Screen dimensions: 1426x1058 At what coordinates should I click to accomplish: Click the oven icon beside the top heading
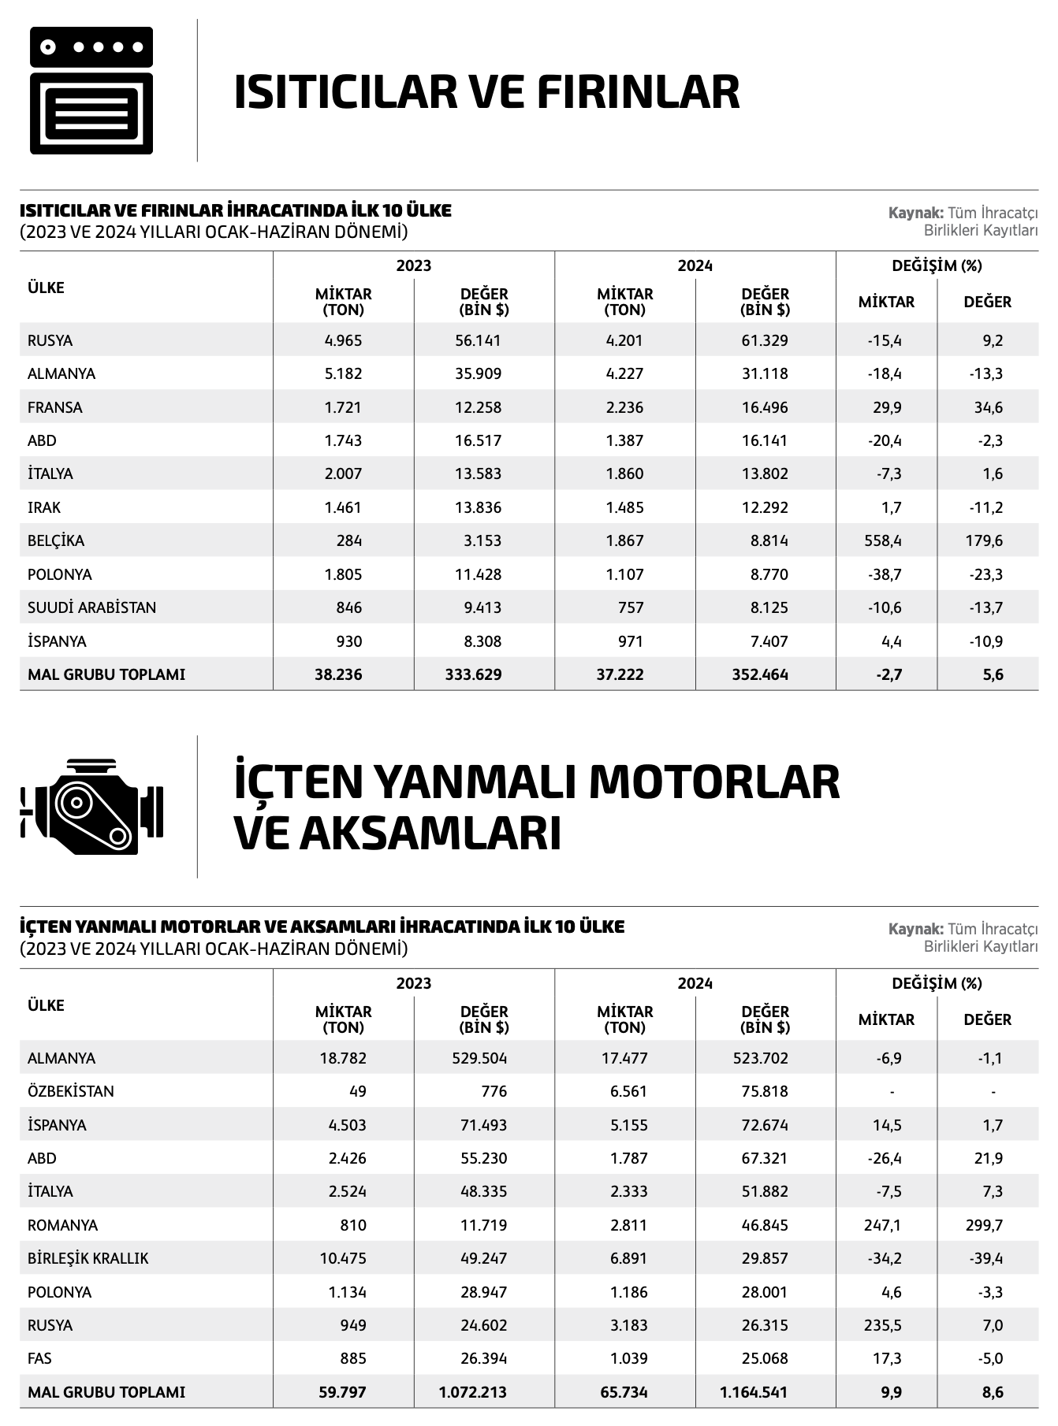[x=91, y=91]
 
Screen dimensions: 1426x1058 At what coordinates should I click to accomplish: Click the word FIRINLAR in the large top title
[x=638, y=91]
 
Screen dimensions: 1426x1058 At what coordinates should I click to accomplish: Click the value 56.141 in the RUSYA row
[x=478, y=340]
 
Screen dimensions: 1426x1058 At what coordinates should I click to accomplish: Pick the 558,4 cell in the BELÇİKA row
[x=883, y=541]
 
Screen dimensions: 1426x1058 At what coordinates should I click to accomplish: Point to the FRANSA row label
[x=55, y=407]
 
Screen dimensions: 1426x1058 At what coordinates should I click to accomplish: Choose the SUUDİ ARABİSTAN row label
[x=91, y=607]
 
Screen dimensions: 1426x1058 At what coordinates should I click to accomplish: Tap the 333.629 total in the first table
[x=473, y=674]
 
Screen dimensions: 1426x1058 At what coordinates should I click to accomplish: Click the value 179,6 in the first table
[x=986, y=541]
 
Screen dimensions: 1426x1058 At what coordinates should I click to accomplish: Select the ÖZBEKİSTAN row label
[x=71, y=1091]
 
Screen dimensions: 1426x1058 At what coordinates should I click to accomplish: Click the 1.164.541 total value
[x=754, y=1392]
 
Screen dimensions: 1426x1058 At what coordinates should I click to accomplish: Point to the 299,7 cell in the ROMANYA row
[x=986, y=1225]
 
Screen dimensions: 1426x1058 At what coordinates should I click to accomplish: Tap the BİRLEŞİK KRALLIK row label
[x=88, y=1258]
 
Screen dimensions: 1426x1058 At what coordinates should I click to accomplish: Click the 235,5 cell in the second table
[x=883, y=1325]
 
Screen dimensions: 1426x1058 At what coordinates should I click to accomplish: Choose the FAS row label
[x=40, y=1358]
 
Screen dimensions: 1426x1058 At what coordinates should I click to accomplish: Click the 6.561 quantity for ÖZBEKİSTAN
[x=628, y=1091]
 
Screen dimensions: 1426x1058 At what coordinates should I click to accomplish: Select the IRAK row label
[x=44, y=507]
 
